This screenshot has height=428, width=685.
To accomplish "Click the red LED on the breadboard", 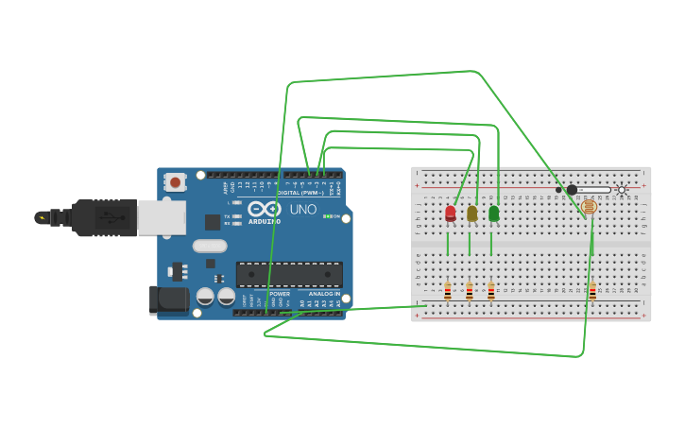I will click(451, 214).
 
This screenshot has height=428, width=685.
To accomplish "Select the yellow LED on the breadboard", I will click(472, 214).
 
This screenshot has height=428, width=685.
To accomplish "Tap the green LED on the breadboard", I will click(493, 214).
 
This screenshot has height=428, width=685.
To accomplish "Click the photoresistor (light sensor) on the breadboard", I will click(589, 207).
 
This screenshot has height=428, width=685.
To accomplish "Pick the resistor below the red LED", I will click(448, 291).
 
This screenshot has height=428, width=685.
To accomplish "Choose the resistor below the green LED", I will click(491, 291).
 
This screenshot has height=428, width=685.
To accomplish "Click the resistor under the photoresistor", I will click(592, 291).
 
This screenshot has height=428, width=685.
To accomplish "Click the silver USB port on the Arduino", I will click(162, 217).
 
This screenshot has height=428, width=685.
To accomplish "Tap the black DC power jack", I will click(167, 300).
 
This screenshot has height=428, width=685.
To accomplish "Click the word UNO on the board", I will click(302, 209).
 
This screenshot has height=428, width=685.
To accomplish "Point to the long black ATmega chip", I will click(289, 274).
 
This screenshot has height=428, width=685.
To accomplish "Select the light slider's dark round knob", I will click(572, 190).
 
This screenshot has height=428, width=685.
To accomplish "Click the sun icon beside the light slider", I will click(621, 190).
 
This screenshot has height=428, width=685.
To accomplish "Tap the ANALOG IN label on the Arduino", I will click(324, 294).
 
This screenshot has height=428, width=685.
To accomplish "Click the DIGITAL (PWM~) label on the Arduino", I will click(300, 193).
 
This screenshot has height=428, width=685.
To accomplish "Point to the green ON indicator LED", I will click(326, 216).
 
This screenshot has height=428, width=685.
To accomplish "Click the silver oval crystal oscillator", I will click(210, 246).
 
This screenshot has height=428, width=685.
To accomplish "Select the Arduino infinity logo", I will click(265, 209).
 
